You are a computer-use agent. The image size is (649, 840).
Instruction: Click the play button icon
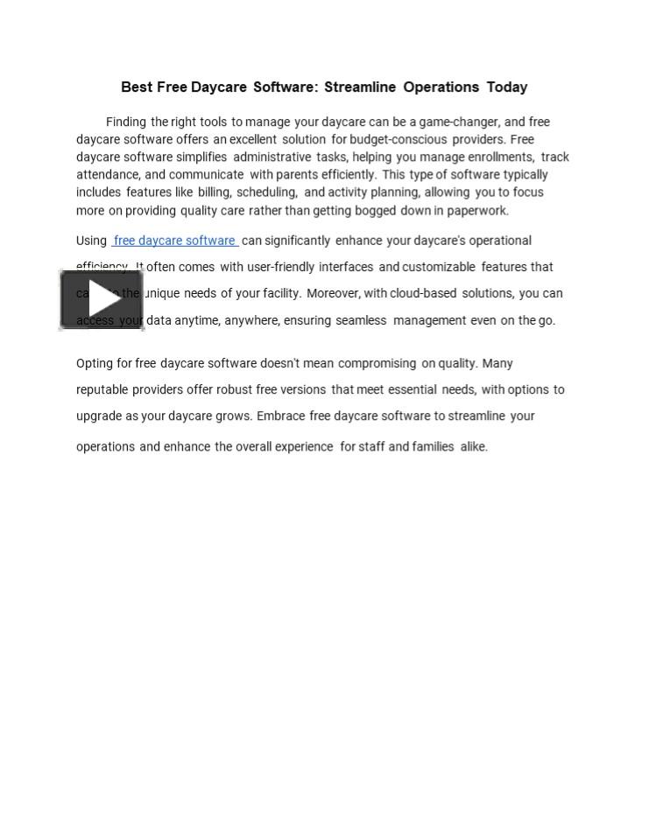(x=102, y=300)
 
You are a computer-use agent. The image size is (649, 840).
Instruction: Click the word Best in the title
(x=137, y=87)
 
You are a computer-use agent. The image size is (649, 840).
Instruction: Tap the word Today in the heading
(x=507, y=87)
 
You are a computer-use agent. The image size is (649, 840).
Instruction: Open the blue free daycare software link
(x=174, y=241)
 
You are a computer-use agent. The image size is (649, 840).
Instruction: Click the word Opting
(x=94, y=364)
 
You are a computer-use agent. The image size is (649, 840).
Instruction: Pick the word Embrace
(x=281, y=416)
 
